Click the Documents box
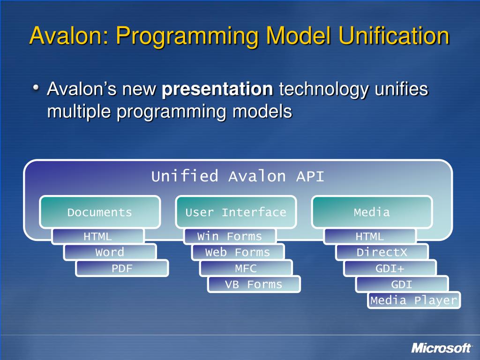(x=100, y=212)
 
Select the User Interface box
(x=236, y=212)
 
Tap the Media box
(x=372, y=212)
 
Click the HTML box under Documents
(x=98, y=237)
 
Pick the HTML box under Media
(x=370, y=237)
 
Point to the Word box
(x=110, y=253)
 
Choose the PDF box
(x=122, y=269)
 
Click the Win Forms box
(x=230, y=237)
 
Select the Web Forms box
(x=238, y=253)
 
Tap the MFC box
(x=246, y=269)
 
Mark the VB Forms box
(x=254, y=285)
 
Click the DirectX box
(x=382, y=253)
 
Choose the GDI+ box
(x=390, y=269)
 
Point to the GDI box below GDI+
(x=402, y=285)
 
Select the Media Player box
(x=414, y=300)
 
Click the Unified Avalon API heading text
(x=238, y=177)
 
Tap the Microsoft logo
(x=441, y=348)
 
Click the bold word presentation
(x=217, y=89)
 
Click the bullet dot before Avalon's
(x=37, y=87)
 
